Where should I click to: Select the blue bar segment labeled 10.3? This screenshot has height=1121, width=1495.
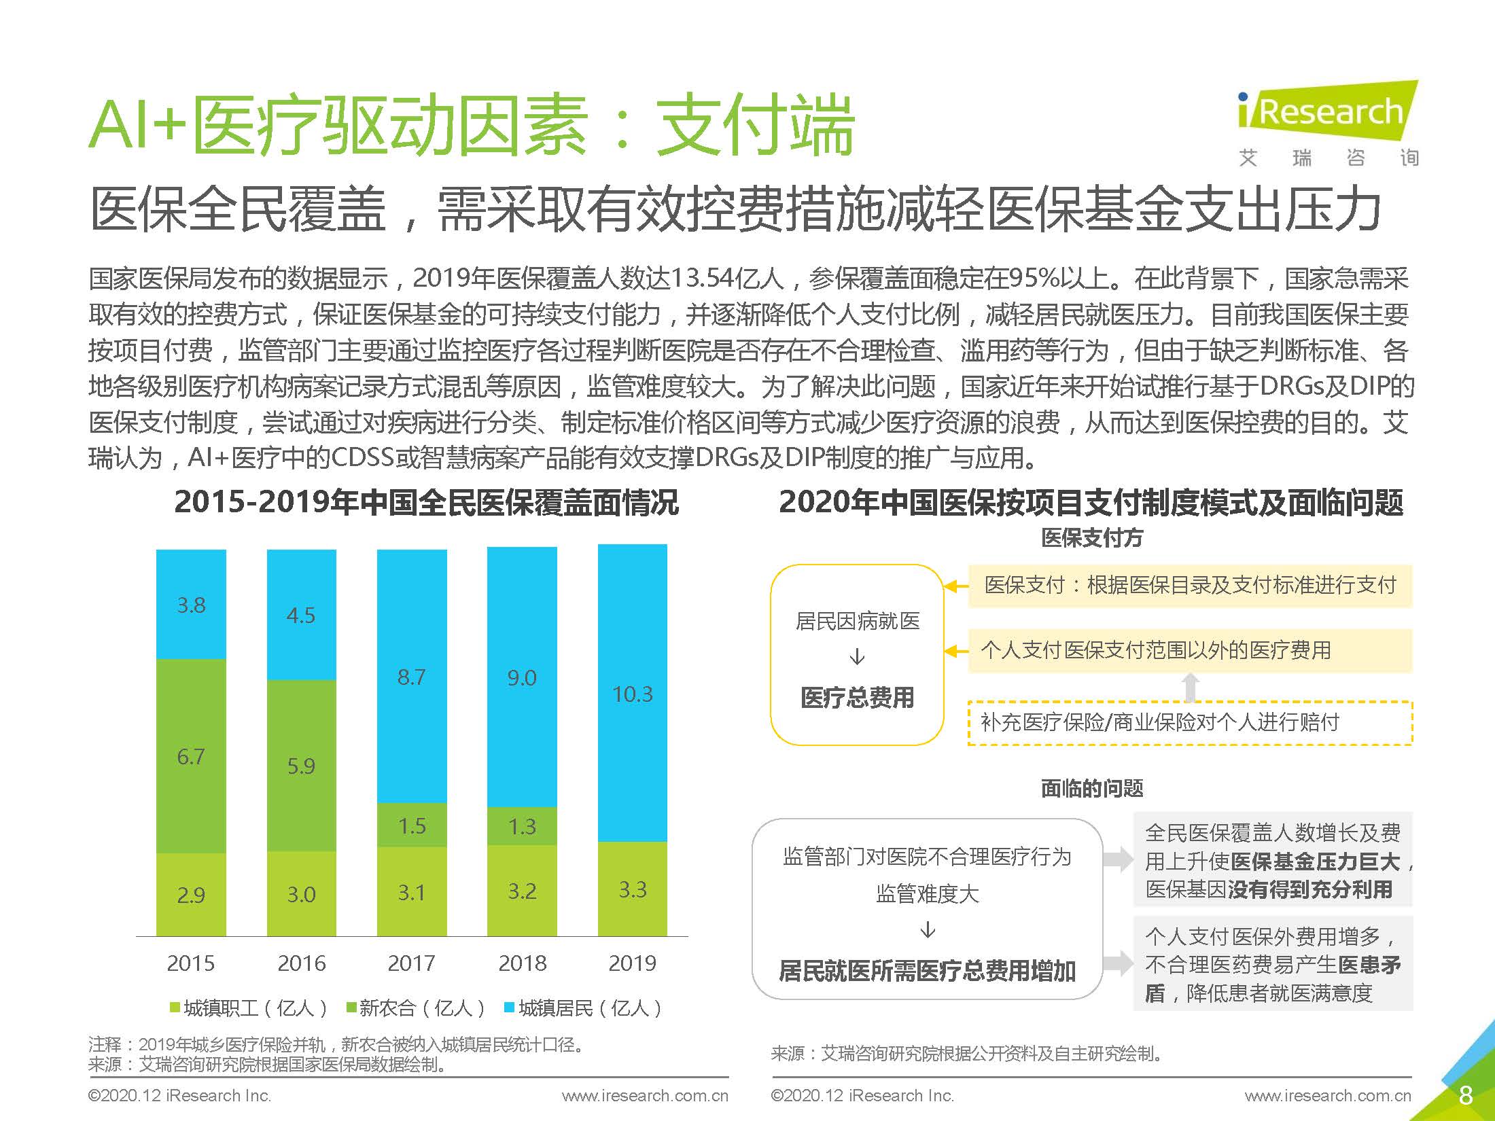[x=632, y=693]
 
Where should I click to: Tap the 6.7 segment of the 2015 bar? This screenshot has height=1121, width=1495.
[x=191, y=755]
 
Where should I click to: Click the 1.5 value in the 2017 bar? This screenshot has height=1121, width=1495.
[x=412, y=825]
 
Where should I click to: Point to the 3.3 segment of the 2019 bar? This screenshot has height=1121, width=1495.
[x=632, y=889]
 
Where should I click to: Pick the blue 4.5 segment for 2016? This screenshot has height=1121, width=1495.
[x=301, y=615]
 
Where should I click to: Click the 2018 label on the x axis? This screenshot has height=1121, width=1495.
[x=522, y=963]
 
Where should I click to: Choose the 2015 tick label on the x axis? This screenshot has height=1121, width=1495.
[x=191, y=963]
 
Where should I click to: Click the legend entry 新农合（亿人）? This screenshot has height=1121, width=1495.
[x=415, y=1008]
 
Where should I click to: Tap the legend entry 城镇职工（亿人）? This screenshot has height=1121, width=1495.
[x=249, y=1008]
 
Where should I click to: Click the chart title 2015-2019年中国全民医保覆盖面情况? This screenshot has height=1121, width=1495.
[x=426, y=502]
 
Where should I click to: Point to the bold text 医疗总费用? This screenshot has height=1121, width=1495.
[x=857, y=698]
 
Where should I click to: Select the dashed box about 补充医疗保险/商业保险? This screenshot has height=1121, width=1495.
[x=1189, y=722]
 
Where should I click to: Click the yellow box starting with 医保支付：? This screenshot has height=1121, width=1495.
[x=1189, y=585]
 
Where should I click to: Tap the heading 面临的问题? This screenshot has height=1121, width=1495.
[x=1091, y=788]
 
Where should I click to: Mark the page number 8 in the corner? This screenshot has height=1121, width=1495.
[x=1466, y=1095]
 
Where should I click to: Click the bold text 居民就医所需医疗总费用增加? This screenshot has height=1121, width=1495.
[x=927, y=971]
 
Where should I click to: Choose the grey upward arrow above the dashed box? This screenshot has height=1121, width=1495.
[x=1190, y=687]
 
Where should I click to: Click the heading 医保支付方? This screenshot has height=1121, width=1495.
[x=1091, y=538]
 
